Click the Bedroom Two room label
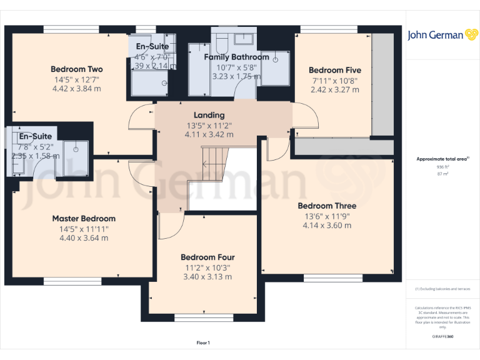pyautogui.click(x=76, y=69)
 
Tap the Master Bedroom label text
pyautogui.click(x=84, y=219)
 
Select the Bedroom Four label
pyautogui.click(x=207, y=257)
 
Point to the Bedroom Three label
pyautogui.click(x=327, y=206)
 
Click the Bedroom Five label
pyautogui.click(x=334, y=71)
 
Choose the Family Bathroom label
pyautogui.click(x=237, y=57)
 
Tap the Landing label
pyautogui.click(x=209, y=116)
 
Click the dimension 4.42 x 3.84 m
pyautogui.click(x=76, y=89)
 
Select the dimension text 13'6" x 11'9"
pyautogui.click(x=327, y=216)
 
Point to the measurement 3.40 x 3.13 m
pyautogui.click(x=207, y=277)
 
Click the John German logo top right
pyautogui.click(x=443, y=35)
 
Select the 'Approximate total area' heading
pyautogui.click(x=442, y=159)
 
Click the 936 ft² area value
pyautogui.click(x=442, y=167)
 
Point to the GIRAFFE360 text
pyautogui.click(x=442, y=337)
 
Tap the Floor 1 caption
pyautogui.click(x=203, y=342)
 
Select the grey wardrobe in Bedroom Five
pyautogui.click(x=382, y=84)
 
